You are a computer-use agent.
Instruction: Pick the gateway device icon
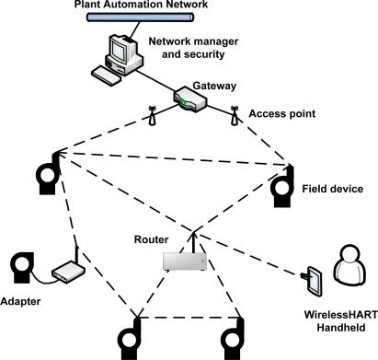(x=192, y=103)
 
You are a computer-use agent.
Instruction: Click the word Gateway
(x=214, y=85)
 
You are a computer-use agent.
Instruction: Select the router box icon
(x=183, y=261)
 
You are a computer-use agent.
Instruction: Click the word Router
(x=149, y=237)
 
